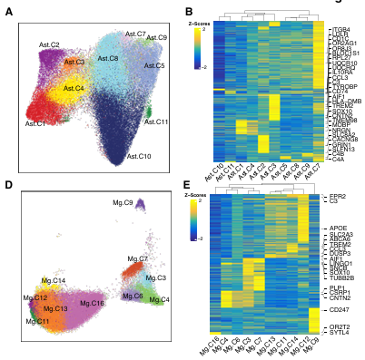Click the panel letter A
click(8, 11)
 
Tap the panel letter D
click(8, 185)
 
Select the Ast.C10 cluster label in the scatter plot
click(139, 156)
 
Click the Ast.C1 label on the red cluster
click(36, 122)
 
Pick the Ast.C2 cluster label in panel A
click(49, 44)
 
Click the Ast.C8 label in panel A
click(107, 58)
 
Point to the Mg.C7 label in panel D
click(137, 258)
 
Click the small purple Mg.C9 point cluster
click(140, 210)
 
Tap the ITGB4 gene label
click(340, 30)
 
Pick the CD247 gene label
click(340, 310)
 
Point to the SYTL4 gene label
click(340, 333)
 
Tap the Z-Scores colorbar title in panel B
click(202, 23)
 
